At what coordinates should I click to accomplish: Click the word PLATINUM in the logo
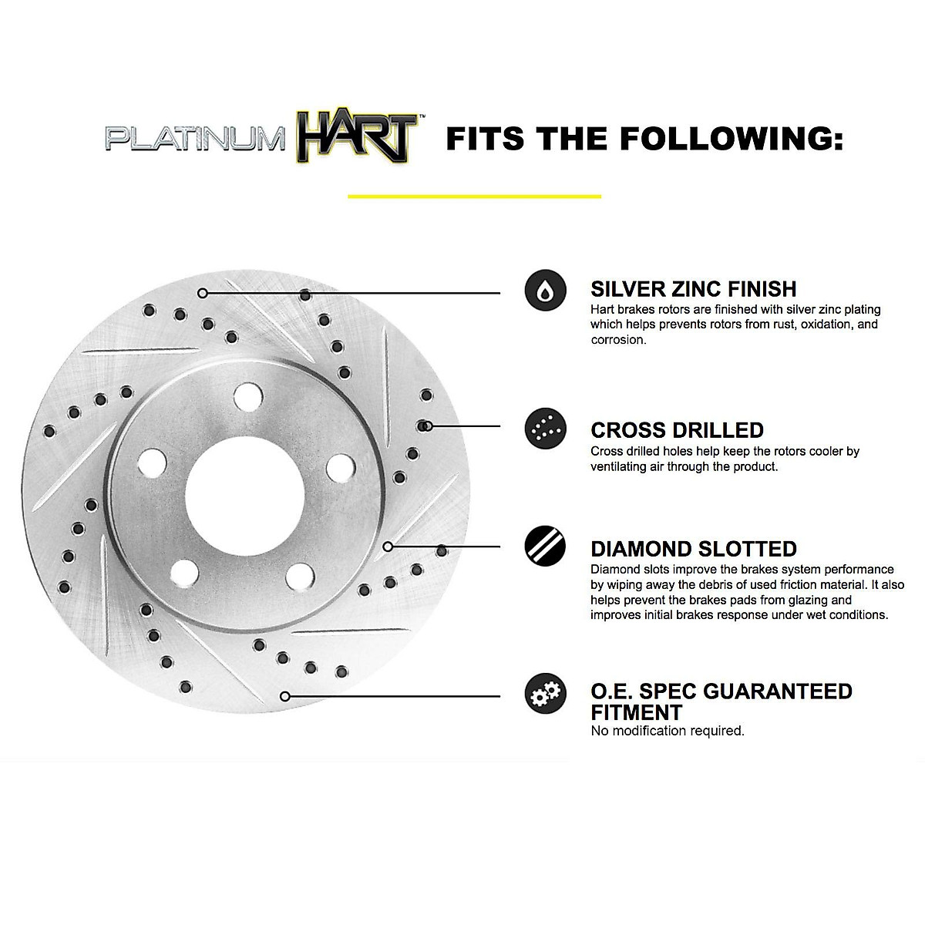point(195,140)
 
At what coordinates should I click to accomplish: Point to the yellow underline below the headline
point(474,197)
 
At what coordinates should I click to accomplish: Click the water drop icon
point(545,290)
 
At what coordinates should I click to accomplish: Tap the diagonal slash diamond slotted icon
point(545,547)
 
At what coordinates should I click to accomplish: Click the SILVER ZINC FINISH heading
point(693,289)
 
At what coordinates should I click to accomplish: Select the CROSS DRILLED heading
point(677,429)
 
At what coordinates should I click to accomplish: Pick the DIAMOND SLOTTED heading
point(693,549)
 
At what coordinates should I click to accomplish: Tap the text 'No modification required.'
point(667,731)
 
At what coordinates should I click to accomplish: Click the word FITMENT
point(636,711)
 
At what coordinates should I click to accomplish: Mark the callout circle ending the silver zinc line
point(203,293)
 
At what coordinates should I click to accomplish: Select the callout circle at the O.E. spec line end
point(285,696)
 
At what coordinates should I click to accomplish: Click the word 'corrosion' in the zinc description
point(617,340)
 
